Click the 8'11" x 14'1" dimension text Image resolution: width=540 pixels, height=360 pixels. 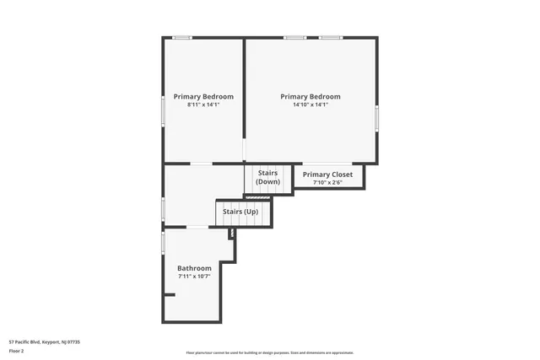[x=203, y=105]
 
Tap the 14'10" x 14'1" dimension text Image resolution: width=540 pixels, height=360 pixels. [x=310, y=105]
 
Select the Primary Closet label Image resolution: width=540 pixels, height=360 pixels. [x=328, y=175]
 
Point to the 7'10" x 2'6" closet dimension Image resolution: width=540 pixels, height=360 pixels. [x=328, y=182]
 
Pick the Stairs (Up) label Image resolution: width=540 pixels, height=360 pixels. [x=240, y=211]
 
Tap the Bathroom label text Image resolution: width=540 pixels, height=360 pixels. [x=194, y=268]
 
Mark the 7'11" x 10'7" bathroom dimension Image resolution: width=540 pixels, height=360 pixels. [x=194, y=276]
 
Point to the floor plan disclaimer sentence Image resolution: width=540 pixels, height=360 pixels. [x=270, y=352]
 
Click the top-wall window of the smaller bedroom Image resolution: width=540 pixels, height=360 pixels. [x=182, y=37]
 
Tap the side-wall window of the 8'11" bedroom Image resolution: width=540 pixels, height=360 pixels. [x=163, y=110]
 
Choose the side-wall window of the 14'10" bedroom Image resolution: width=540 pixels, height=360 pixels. [x=377, y=118]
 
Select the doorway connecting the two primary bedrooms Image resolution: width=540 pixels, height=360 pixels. [x=245, y=151]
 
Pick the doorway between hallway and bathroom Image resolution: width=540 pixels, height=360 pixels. [x=197, y=228]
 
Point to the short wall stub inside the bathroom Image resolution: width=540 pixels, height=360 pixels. [x=170, y=294]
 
